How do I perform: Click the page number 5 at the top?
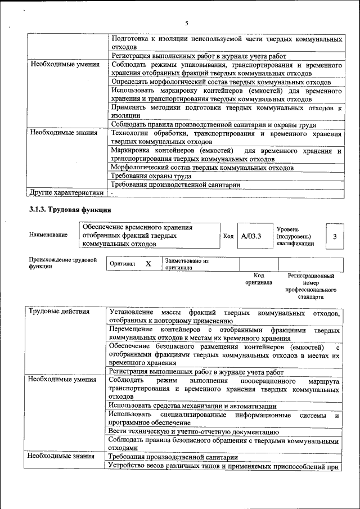186,23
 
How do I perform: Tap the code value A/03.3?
251,236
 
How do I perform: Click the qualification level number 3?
335,236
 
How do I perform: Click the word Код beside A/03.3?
228,236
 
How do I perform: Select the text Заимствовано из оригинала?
187,264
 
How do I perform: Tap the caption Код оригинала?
259,279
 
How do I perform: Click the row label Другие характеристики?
66,193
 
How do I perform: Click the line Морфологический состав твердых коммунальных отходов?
202,168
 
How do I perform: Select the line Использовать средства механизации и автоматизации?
193,406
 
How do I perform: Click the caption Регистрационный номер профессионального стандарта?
310,286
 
